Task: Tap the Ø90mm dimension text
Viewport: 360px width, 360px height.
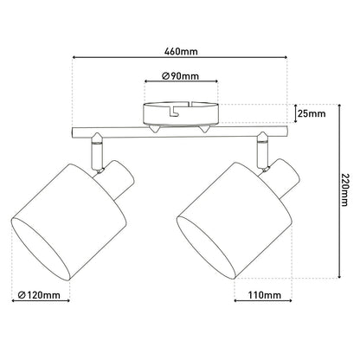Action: tap(179, 76)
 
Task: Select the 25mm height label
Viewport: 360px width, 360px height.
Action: tap(312, 114)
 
